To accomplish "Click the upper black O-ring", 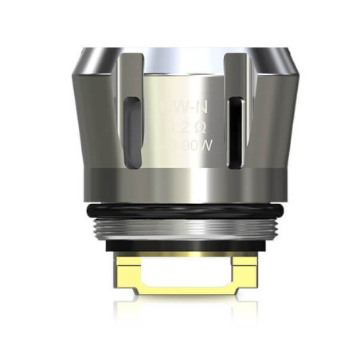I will pos(180,208).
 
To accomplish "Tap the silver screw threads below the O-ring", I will pos(180,225).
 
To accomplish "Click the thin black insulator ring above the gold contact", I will pos(180,245).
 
